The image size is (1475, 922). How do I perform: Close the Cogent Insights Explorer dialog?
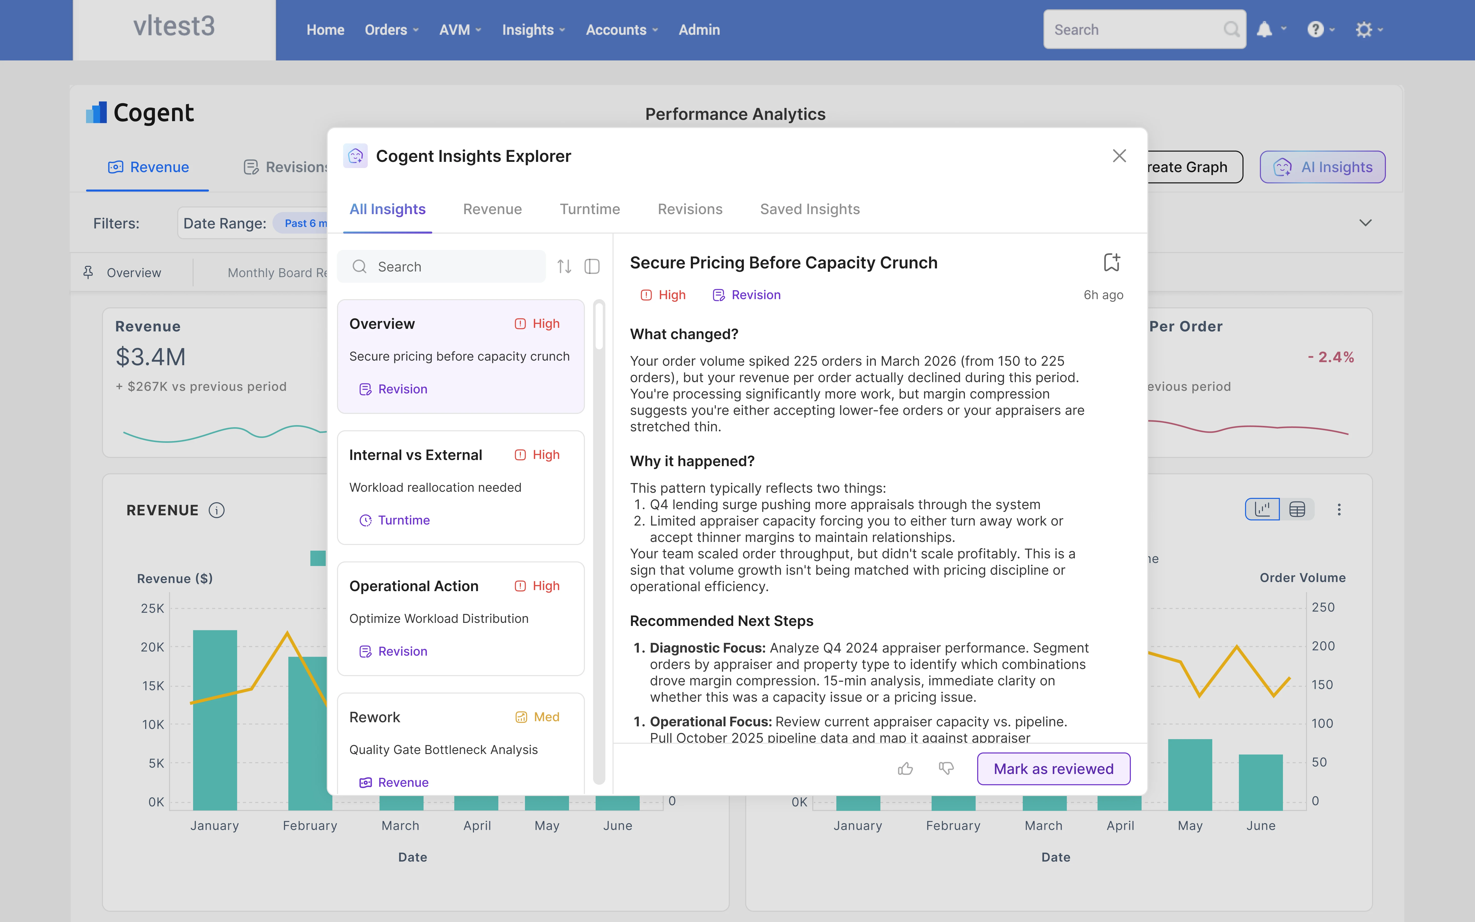click(1119, 156)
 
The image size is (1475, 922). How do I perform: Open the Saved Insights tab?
click(809, 209)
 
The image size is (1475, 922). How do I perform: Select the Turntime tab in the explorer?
click(589, 209)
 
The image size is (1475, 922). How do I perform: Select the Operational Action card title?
click(413, 586)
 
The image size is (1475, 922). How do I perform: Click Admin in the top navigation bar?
click(699, 30)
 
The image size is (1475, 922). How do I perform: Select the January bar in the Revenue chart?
click(215, 720)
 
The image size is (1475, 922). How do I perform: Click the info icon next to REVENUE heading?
click(216, 510)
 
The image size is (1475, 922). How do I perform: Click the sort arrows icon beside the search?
click(564, 266)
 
